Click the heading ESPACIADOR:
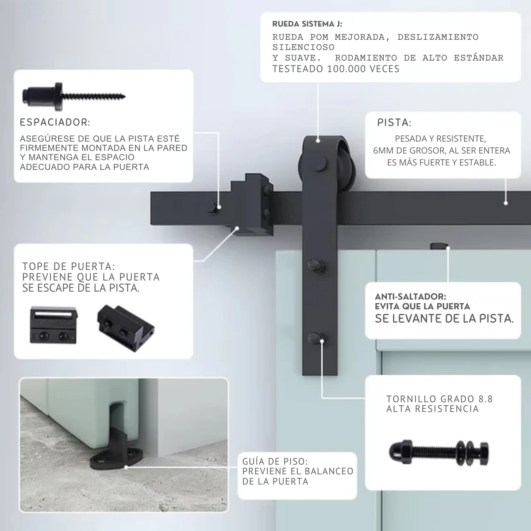point(55,122)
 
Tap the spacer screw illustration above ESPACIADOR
point(74,96)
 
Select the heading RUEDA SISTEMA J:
point(307,24)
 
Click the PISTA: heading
point(394,123)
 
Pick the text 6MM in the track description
point(381,151)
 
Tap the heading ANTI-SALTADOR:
point(411,296)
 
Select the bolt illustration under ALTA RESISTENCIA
point(439,453)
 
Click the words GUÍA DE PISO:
point(275,461)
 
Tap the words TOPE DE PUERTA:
point(69,266)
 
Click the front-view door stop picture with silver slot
point(54,325)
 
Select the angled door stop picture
point(126,328)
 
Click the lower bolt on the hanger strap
point(316,339)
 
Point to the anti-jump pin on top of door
point(439,246)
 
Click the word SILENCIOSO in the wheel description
point(304,47)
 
